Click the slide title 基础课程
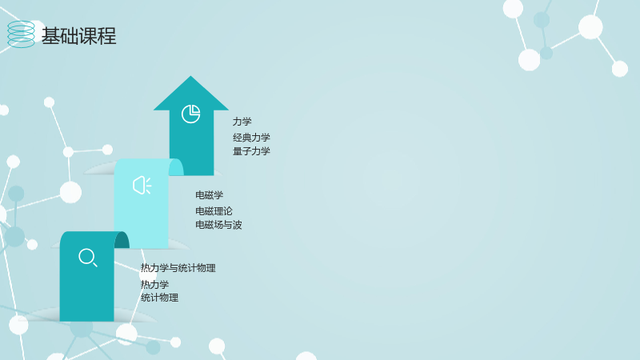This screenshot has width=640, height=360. click(78, 36)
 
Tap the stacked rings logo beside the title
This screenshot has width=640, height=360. click(22, 34)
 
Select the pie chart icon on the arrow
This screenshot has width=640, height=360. click(190, 114)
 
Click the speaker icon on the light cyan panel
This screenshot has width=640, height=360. click(142, 186)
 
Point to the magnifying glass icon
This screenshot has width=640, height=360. click(88, 258)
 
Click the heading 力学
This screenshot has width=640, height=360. click(242, 122)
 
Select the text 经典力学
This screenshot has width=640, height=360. click(251, 138)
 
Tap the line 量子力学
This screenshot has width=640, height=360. click(251, 151)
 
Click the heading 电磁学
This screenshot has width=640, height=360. click(210, 195)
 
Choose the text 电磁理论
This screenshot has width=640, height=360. click(214, 211)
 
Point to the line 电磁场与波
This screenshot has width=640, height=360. click(218, 225)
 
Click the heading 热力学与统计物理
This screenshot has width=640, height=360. click(178, 268)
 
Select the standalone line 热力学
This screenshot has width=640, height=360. click(154, 285)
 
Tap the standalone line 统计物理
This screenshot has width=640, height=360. click(159, 298)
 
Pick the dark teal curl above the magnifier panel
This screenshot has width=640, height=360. click(122, 241)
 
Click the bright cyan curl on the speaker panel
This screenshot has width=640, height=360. click(177, 168)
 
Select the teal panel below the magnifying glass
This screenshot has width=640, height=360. click(87, 294)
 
